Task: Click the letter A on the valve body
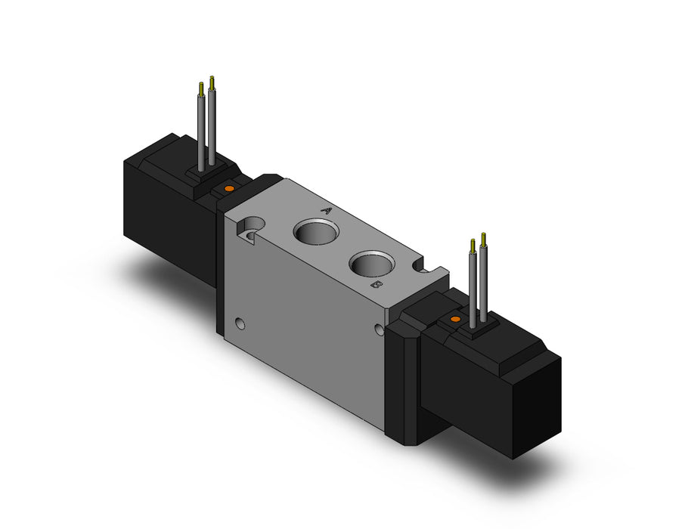(327, 211)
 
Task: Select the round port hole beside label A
(312, 232)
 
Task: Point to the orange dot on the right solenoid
(454, 320)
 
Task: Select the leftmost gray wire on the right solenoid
(473, 287)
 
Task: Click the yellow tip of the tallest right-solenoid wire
(482, 237)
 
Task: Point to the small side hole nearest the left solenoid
(240, 325)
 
